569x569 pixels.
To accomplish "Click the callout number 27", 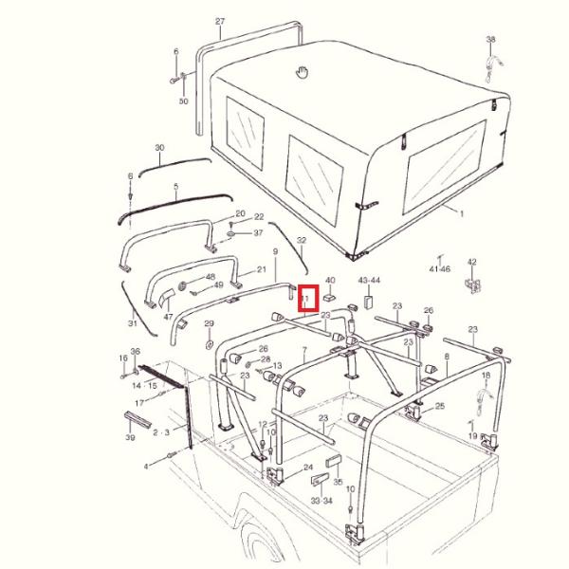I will pyautogui.click(x=220, y=21).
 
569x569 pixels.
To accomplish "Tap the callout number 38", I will pyautogui.click(x=490, y=40).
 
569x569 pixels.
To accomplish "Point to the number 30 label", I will pyautogui.click(x=159, y=148).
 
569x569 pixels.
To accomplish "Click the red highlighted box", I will pyautogui.click(x=308, y=301).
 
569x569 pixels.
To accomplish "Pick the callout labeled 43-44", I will pyautogui.click(x=369, y=281).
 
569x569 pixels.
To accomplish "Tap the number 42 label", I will pyautogui.click(x=471, y=262).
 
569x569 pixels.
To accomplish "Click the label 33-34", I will pyautogui.click(x=321, y=500).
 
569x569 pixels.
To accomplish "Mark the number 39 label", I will pyautogui.click(x=129, y=438).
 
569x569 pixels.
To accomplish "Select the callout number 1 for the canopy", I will pyautogui.click(x=463, y=214).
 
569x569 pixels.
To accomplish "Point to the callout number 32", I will pyautogui.click(x=302, y=242).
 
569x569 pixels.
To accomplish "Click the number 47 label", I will pyautogui.click(x=168, y=319).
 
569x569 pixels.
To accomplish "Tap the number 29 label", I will pyautogui.click(x=209, y=324).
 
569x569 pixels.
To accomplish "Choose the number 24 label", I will pyautogui.click(x=308, y=468).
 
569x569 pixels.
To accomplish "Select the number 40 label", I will pyautogui.click(x=330, y=281).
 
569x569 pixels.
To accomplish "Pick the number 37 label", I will pyautogui.click(x=258, y=233).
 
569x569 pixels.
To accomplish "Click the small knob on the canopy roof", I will pyautogui.click(x=303, y=70).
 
